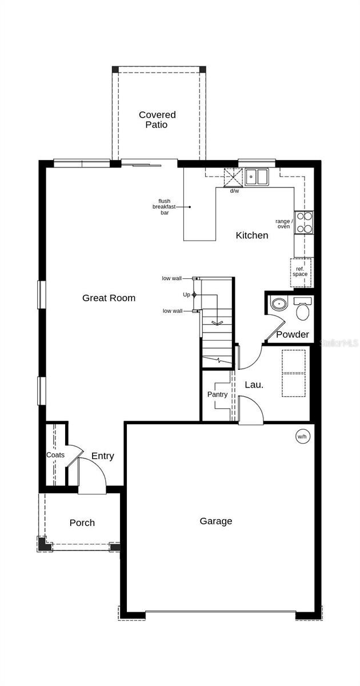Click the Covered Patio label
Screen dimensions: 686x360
pyautogui.click(x=157, y=119)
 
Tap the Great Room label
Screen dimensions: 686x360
pyautogui.click(x=109, y=298)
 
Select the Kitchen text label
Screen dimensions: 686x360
pyautogui.click(x=252, y=235)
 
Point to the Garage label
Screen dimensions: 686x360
pyautogui.click(x=216, y=521)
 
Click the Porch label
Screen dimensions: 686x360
pyautogui.click(x=82, y=523)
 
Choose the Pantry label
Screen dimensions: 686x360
pyautogui.click(x=217, y=394)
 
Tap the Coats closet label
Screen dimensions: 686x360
pyautogui.click(x=55, y=455)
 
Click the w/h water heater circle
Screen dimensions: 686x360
pyautogui.click(x=302, y=437)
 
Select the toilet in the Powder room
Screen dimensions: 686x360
pyautogui.click(x=302, y=309)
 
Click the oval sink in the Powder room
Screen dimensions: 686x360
pyautogui.click(x=279, y=304)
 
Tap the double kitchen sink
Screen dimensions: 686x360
pyautogui.click(x=257, y=177)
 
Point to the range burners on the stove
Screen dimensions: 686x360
pyautogui.click(x=304, y=222)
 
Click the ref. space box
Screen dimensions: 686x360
pyautogui.click(x=301, y=271)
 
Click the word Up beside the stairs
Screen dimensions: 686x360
pyautogui.click(x=186, y=294)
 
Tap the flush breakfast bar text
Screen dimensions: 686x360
pyautogui.click(x=165, y=207)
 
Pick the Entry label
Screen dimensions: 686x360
pyautogui.click(x=103, y=456)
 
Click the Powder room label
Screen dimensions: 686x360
pyautogui.click(x=293, y=334)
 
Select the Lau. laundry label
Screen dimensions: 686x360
pyautogui.click(x=254, y=385)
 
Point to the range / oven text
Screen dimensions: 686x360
pyautogui.click(x=284, y=224)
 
